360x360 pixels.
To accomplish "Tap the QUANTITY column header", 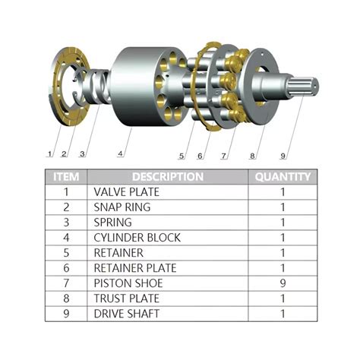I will [x=283, y=177].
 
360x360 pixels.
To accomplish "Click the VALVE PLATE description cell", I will [x=126, y=192].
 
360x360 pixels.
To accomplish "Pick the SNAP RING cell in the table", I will [x=122, y=207].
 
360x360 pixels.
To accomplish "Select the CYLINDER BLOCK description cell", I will [x=137, y=238].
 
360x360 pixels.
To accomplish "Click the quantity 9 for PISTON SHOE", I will [x=283, y=283].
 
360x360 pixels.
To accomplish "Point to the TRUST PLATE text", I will [x=126, y=298].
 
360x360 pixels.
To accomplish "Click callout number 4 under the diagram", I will [x=120, y=153].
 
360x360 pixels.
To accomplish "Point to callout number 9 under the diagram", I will [x=283, y=156].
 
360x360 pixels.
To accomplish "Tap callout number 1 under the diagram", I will [x=50, y=154].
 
